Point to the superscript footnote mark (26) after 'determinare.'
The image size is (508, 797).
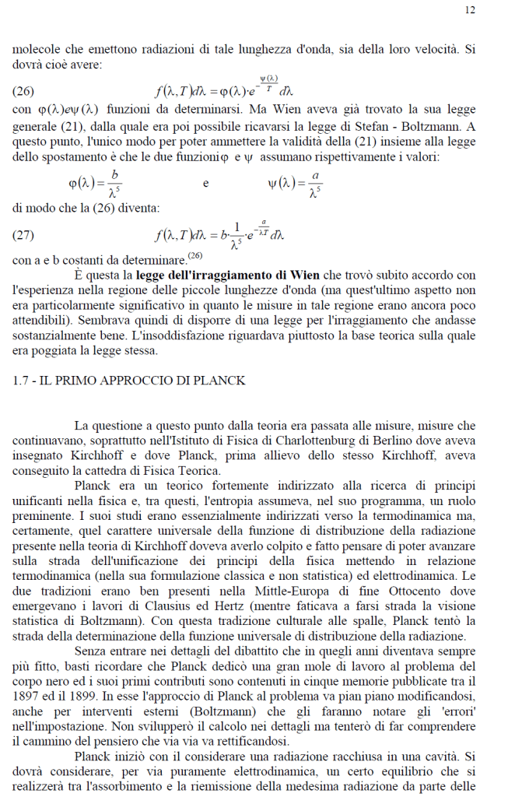point(194,255)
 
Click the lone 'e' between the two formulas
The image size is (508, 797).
point(205,184)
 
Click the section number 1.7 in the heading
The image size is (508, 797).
point(23,380)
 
